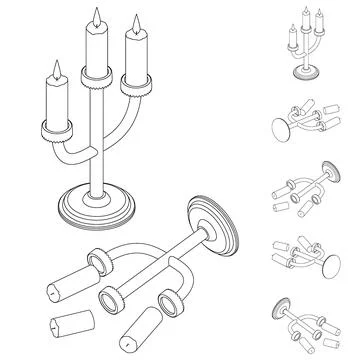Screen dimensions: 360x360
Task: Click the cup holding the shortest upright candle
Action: point(56,129)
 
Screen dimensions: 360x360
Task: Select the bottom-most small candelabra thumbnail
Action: point(305,320)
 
